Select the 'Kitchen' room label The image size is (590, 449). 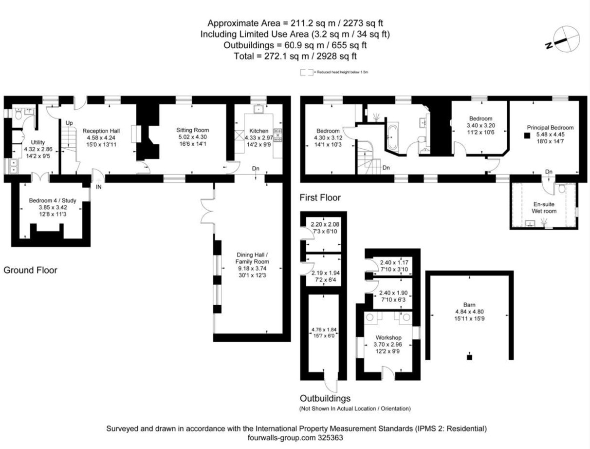point(258,131)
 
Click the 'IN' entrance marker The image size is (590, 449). point(99,186)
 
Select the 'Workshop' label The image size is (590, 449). point(388,337)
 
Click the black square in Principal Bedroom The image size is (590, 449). point(527,135)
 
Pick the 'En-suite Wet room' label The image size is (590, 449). point(543,208)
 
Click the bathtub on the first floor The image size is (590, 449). point(393,137)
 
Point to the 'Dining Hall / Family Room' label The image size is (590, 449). point(252,258)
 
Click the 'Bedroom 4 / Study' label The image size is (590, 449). point(52,200)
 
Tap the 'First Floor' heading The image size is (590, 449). point(320,197)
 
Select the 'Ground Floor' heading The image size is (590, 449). point(30,270)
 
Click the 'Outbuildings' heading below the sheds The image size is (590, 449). point(325,398)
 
